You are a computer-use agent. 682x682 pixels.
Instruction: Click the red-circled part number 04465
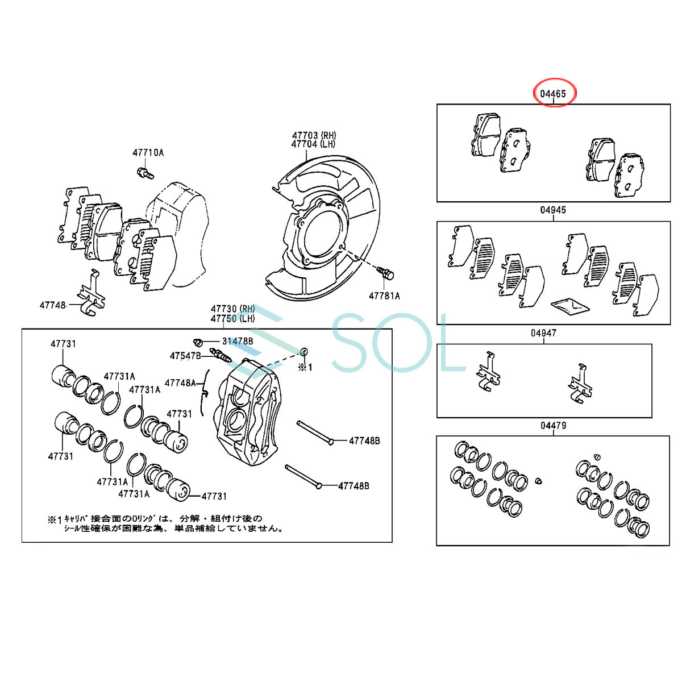(x=553, y=94)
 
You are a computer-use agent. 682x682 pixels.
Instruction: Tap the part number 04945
(x=553, y=210)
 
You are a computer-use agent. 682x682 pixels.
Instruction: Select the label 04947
(x=544, y=333)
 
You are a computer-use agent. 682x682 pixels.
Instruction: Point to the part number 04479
(x=553, y=426)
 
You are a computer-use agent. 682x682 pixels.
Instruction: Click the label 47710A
(x=148, y=153)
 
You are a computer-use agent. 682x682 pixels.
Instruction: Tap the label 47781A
(x=384, y=296)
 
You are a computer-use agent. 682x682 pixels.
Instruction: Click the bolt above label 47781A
(x=386, y=273)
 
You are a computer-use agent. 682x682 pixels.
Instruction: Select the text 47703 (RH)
(x=314, y=135)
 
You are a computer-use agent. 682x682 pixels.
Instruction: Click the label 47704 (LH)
(x=313, y=144)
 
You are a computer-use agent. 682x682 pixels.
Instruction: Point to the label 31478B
(x=238, y=341)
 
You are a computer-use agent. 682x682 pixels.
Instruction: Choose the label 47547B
(x=185, y=356)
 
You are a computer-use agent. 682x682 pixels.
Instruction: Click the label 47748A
(x=180, y=383)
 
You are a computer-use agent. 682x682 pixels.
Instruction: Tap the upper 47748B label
(x=364, y=440)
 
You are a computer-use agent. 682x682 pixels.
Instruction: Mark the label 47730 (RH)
(x=233, y=309)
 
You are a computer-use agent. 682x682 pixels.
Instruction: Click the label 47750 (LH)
(x=233, y=318)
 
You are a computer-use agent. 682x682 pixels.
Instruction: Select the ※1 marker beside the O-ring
(x=305, y=368)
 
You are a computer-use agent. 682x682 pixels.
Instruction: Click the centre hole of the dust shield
(x=322, y=230)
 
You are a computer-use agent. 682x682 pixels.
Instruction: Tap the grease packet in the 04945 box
(x=570, y=307)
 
